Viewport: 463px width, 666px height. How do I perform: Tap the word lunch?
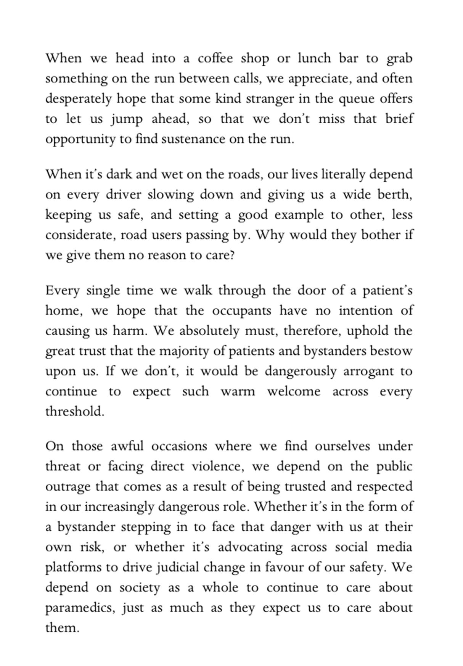[x=314, y=59]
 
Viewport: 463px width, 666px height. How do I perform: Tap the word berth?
[x=395, y=195]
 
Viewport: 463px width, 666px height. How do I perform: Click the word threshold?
[x=74, y=412]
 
